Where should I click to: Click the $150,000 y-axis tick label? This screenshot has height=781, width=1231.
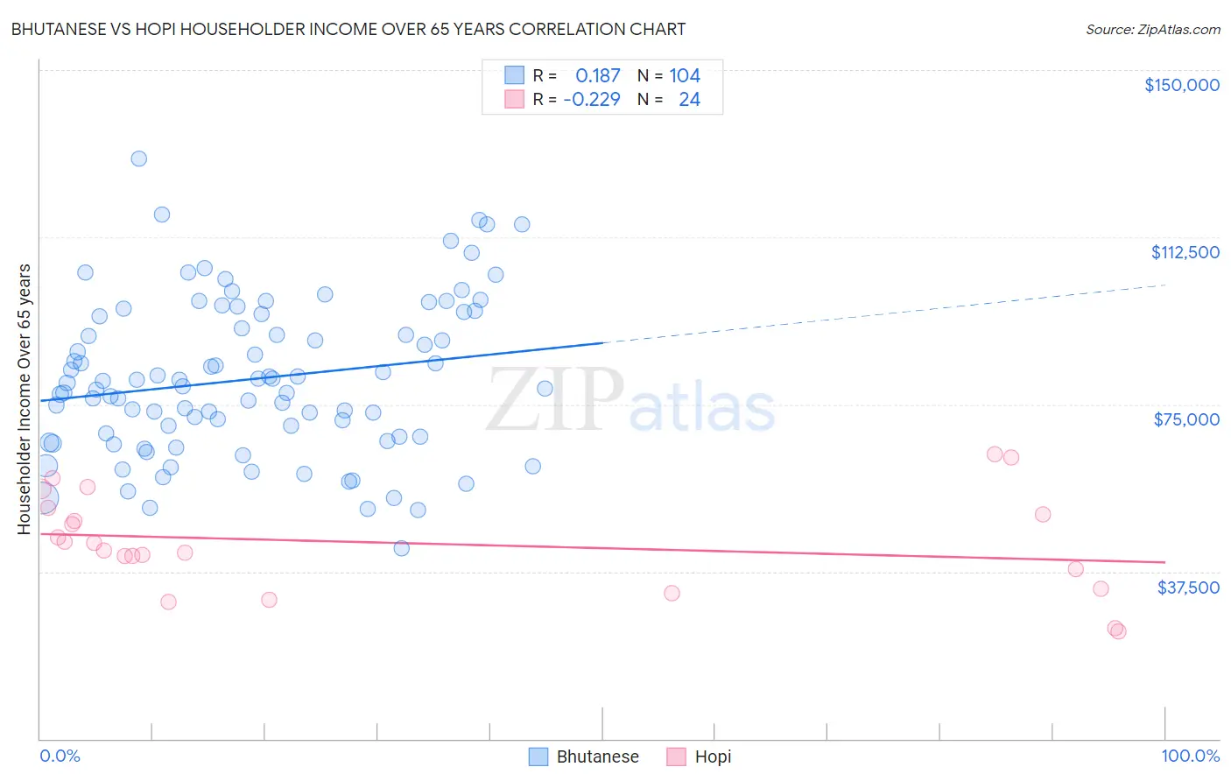pyautogui.click(x=1181, y=85)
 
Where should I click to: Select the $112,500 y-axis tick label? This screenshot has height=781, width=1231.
pyautogui.click(x=1185, y=252)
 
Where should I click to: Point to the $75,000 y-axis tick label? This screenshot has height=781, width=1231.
pyautogui.click(x=1186, y=419)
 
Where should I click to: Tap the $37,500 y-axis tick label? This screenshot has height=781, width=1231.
pyautogui.click(x=1188, y=588)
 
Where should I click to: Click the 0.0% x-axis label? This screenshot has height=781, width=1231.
pyautogui.click(x=60, y=756)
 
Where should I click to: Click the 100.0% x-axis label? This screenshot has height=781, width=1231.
pyautogui.click(x=1190, y=756)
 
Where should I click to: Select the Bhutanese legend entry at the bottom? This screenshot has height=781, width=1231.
pyautogui.click(x=585, y=756)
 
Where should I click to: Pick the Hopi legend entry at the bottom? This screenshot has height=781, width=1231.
pyautogui.click(x=699, y=756)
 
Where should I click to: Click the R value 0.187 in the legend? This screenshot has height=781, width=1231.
pyautogui.click(x=597, y=76)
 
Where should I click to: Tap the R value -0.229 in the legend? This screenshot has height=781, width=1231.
pyautogui.click(x=592, y=100)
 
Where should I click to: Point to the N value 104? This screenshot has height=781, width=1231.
pyautogui.click(x=685, y=76)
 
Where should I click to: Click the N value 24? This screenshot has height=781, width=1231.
pyautogui.click(x=689, y=100)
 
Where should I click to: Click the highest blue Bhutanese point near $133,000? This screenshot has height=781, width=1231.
pyautogui.click(x=138, y=158)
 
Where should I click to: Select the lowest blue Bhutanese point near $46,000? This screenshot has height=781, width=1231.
pyautogui.click(x=401, y=548)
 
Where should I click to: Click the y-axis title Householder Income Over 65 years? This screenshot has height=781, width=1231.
pyautogui.click(x=25, y=398)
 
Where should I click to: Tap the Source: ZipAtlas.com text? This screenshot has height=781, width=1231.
pyautogui.click(x=1152, y=30)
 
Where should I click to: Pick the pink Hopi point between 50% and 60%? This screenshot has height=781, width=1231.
pyautogui.click(x=672, y=593)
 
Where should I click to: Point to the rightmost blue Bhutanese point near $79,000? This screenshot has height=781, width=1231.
pyautogui.click(x=545, y=389)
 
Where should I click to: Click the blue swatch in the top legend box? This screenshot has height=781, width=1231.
pyautogui.click(x=514, y=76)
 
